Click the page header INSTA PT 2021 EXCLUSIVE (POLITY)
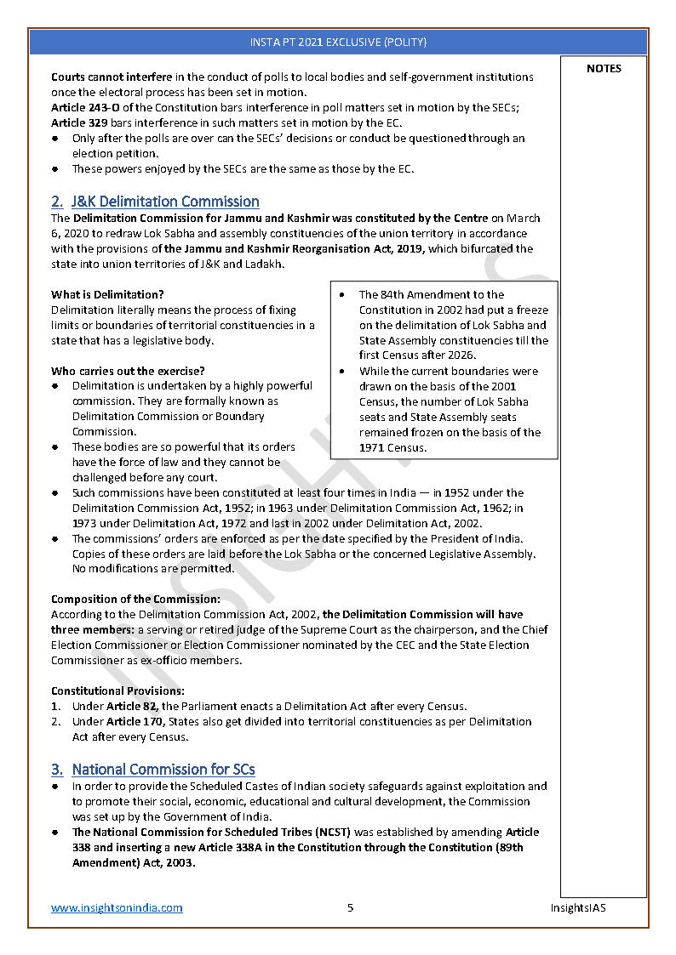coord(338,42)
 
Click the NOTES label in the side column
coord(604,69)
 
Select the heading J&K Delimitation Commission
coord(165,202)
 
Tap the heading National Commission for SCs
coord(163,770)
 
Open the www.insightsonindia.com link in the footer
coord(117,907)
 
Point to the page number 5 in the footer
coord(350,907)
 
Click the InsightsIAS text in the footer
coord(578,907)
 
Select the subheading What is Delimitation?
coord(107,295)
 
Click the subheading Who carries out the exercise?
coord(128,371)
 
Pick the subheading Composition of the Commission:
coord(135,599)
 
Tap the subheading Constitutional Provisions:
coord(117,691)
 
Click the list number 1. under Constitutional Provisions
coord(55,706)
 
